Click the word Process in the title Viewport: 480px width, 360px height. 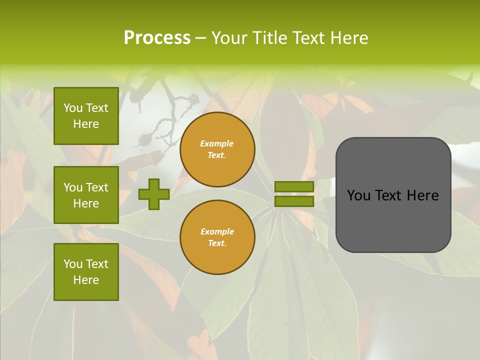[157, 38]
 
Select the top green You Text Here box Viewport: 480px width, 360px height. [86, 116]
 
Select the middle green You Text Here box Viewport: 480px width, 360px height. [86, 195]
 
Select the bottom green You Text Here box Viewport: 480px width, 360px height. [86, 271]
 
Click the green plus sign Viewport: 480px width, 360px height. [153, 194]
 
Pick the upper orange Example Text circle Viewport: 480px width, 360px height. [217, 149]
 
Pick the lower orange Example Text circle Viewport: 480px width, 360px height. [217, 237]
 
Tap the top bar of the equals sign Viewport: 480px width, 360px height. [294, 186]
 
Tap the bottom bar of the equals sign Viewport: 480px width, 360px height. [294, 201]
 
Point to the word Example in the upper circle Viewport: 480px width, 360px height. [217, 143]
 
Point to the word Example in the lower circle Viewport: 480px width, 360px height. [217, 231]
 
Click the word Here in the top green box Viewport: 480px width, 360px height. [86, 124]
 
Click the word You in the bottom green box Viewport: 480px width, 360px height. [73, 263]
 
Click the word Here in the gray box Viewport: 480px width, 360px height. [423, 195]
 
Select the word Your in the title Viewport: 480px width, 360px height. [229, 38]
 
